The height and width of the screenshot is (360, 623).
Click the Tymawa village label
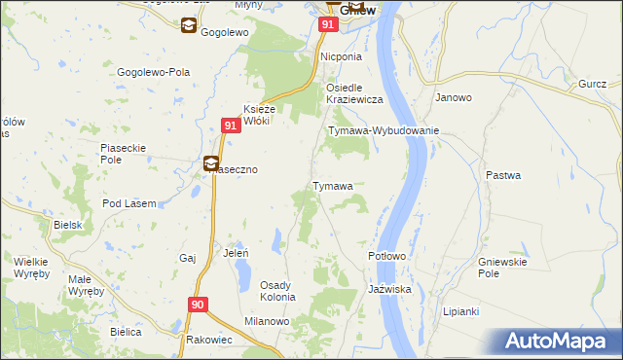click(331, 186)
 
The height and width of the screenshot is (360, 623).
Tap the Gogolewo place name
click(226, 32)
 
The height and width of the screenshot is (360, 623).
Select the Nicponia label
click(342, 57)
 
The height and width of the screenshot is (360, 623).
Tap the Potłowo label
click(386, 256)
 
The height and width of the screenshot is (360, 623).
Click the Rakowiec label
click(208, 340)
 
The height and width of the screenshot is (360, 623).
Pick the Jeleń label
click(237, 252)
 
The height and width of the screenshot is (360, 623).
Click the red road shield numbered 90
click(199, 305)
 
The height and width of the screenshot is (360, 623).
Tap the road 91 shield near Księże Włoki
click(230, 126)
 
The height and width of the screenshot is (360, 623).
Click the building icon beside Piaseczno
click(211, 163)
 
